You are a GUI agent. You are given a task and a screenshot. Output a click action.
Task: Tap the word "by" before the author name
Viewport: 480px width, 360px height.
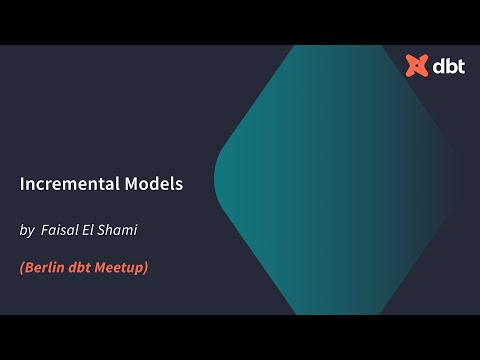tap(26, 231)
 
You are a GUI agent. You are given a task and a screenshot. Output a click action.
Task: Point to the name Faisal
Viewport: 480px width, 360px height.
tap(60, 231)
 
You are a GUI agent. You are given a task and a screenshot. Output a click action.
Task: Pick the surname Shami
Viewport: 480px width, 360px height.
tap(120, 231)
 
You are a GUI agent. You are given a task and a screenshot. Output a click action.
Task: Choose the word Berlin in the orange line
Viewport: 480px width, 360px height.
tap(44, 267)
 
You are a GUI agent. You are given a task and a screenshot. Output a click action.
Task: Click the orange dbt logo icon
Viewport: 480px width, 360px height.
tap(416, 66)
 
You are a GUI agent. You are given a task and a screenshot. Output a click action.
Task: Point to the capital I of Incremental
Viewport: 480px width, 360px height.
tap(22, 185)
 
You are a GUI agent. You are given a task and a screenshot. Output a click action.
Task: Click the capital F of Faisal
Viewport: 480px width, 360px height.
tap(45, 231)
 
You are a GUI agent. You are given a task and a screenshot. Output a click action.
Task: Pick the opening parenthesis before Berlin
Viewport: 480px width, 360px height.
tap(22, 267)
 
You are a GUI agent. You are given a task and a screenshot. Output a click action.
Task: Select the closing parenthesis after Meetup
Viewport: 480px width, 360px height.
tap(146, 267)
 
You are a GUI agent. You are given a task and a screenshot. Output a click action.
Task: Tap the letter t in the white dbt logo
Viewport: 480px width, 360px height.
tap(457, 66)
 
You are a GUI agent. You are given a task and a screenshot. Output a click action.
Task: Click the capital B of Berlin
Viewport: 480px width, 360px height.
tap(29, 267)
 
